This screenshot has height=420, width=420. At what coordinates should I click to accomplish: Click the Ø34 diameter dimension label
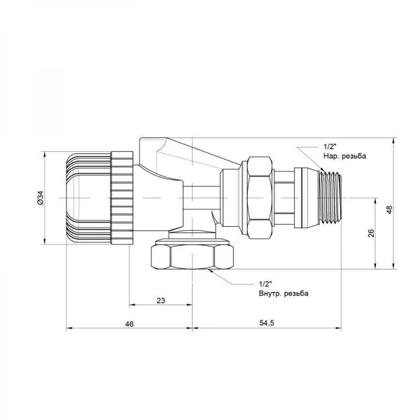40,198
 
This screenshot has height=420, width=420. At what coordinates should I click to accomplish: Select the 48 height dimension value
389,209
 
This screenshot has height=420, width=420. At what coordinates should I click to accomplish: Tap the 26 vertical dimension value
371,233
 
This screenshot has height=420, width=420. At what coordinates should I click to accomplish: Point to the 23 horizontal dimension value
161,300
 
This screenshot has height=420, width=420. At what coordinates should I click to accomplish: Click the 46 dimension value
129,324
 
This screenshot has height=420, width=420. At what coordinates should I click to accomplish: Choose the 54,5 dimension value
267,323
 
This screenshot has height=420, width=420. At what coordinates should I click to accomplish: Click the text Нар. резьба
344,156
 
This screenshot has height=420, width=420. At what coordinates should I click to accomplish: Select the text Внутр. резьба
283,293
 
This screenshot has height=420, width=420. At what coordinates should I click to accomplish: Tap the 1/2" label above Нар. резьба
330,147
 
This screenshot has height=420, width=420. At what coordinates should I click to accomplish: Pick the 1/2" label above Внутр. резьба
265,284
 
